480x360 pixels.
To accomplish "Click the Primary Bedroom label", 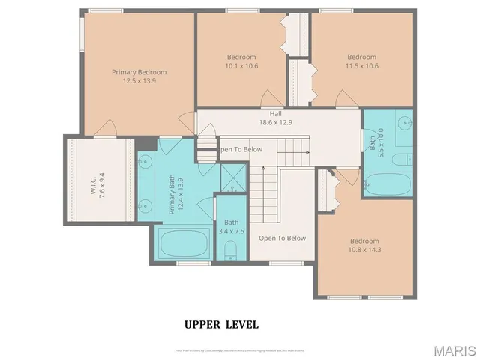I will [139, 72].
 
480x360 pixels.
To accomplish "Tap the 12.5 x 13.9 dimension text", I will [139, 80].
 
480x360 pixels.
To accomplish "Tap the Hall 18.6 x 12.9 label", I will [276, 118].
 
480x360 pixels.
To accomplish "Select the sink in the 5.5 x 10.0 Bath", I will [403, 121].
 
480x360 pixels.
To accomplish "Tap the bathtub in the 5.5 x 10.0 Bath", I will [387, 184].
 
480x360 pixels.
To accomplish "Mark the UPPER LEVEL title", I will [221, 325].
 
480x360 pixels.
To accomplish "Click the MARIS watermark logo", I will [454, 350].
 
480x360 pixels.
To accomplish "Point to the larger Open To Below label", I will [282, 238].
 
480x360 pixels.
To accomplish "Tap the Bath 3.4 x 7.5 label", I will [231, 226].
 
